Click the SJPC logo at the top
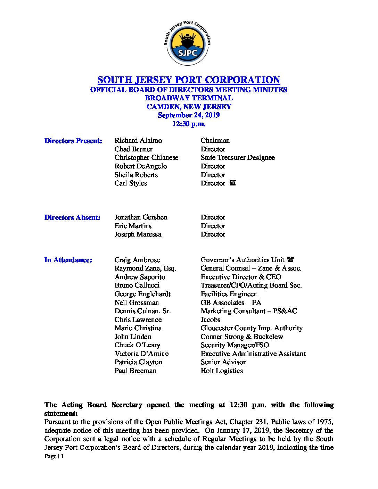click(x=188, y=43)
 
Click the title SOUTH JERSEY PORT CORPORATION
click(x=189, y=80)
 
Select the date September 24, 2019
click(x=189, y=115)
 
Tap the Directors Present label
click(x=73, y=141)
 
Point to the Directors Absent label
click(x=72, y=217)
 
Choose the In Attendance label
click(x=68, y=260)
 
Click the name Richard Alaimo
click(x=138, y=140)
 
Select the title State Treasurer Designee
click(x=238, y=157)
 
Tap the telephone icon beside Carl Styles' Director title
click(x=233, y=183)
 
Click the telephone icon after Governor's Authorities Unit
click(x=291, y=259)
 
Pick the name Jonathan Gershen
click(x=141, y=217)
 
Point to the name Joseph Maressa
click(x=138, y=234)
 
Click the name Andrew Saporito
click(x=140, y=277)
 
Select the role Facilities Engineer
click(x=228, y=294)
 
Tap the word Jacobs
click(x=210, y=320)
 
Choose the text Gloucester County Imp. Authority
click(x=252, y=328)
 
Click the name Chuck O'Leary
click(x=137, y=345)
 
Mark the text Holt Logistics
click(x=222, y=371)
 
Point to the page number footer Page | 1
click(x=54, y=456)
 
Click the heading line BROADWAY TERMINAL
click(x=189, y=98)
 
